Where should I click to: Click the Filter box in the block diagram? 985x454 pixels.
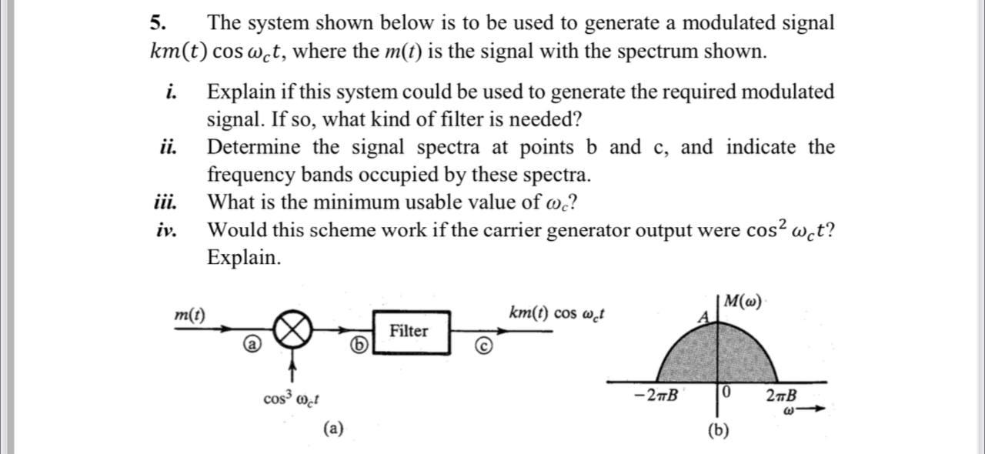411,332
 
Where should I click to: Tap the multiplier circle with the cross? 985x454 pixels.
293,330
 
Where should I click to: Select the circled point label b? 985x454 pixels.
357,346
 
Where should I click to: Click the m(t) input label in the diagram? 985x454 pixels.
189,315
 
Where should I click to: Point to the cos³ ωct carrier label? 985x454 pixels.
292,399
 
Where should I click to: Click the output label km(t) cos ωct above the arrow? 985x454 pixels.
557,314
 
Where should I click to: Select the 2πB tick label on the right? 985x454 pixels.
782,396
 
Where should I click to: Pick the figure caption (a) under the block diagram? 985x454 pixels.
333,428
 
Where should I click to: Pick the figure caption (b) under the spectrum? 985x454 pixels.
718,430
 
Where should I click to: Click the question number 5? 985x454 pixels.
157,23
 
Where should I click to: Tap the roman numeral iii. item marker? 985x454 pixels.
165,202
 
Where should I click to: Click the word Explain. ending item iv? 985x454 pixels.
244,257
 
